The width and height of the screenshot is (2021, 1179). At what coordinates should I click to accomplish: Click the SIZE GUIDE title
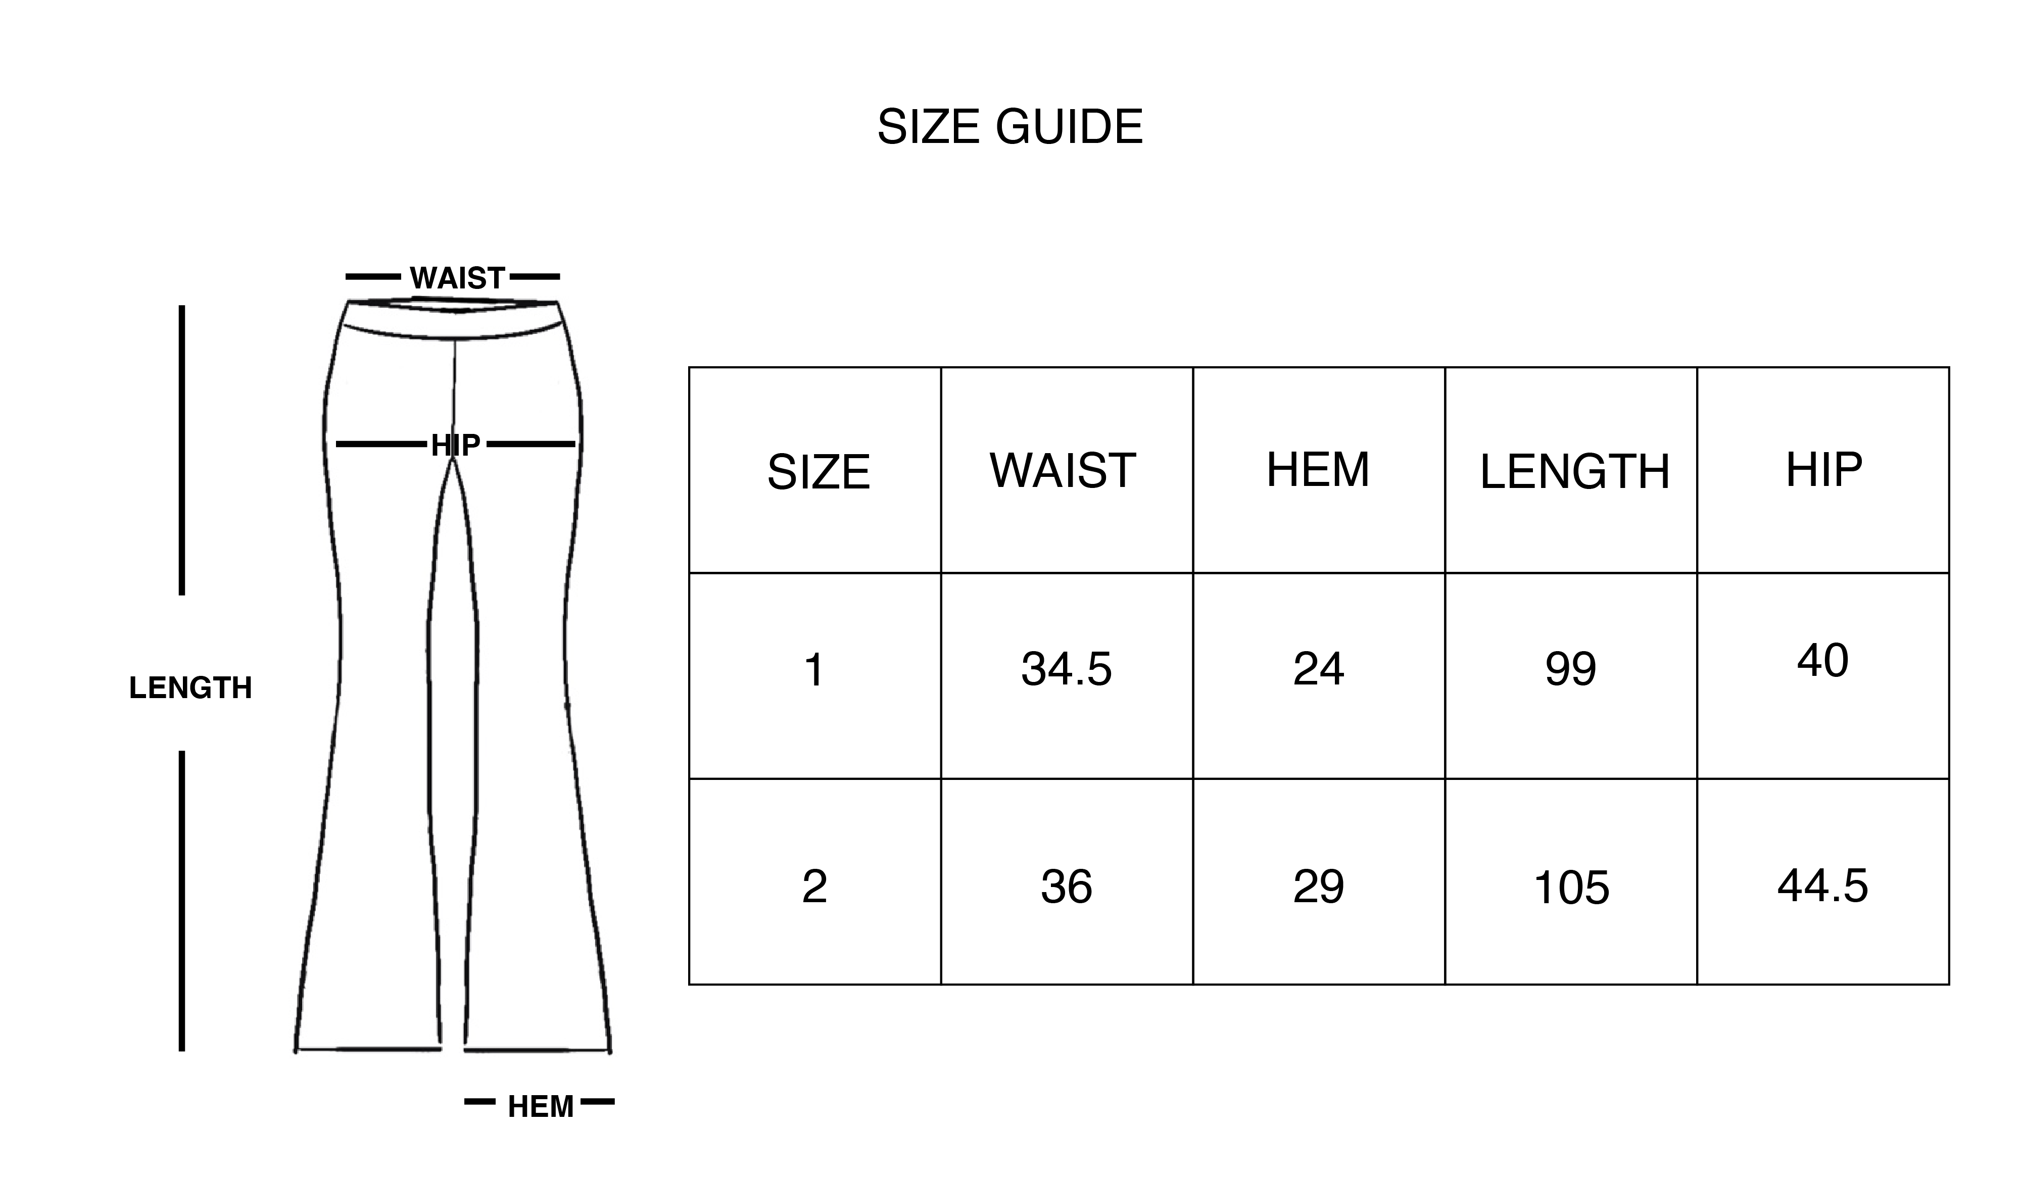(1009, 127)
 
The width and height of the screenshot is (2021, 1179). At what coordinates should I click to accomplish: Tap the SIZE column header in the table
(818, 472)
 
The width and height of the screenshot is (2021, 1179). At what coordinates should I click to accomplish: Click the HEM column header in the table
(1318, 469)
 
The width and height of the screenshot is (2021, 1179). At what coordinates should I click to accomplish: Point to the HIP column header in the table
(1823, 469)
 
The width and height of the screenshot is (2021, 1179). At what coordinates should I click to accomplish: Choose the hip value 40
(1822, 661)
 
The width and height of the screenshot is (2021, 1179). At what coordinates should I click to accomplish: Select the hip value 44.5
(1822, 886)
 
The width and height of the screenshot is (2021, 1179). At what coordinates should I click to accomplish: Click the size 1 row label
(814, 670)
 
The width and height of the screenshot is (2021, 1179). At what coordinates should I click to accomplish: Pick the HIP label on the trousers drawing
(455, 445)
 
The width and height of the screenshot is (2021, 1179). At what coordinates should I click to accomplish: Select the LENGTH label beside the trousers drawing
(190, 688)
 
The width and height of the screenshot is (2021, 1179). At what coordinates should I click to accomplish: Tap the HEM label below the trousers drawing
(541, 1107)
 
